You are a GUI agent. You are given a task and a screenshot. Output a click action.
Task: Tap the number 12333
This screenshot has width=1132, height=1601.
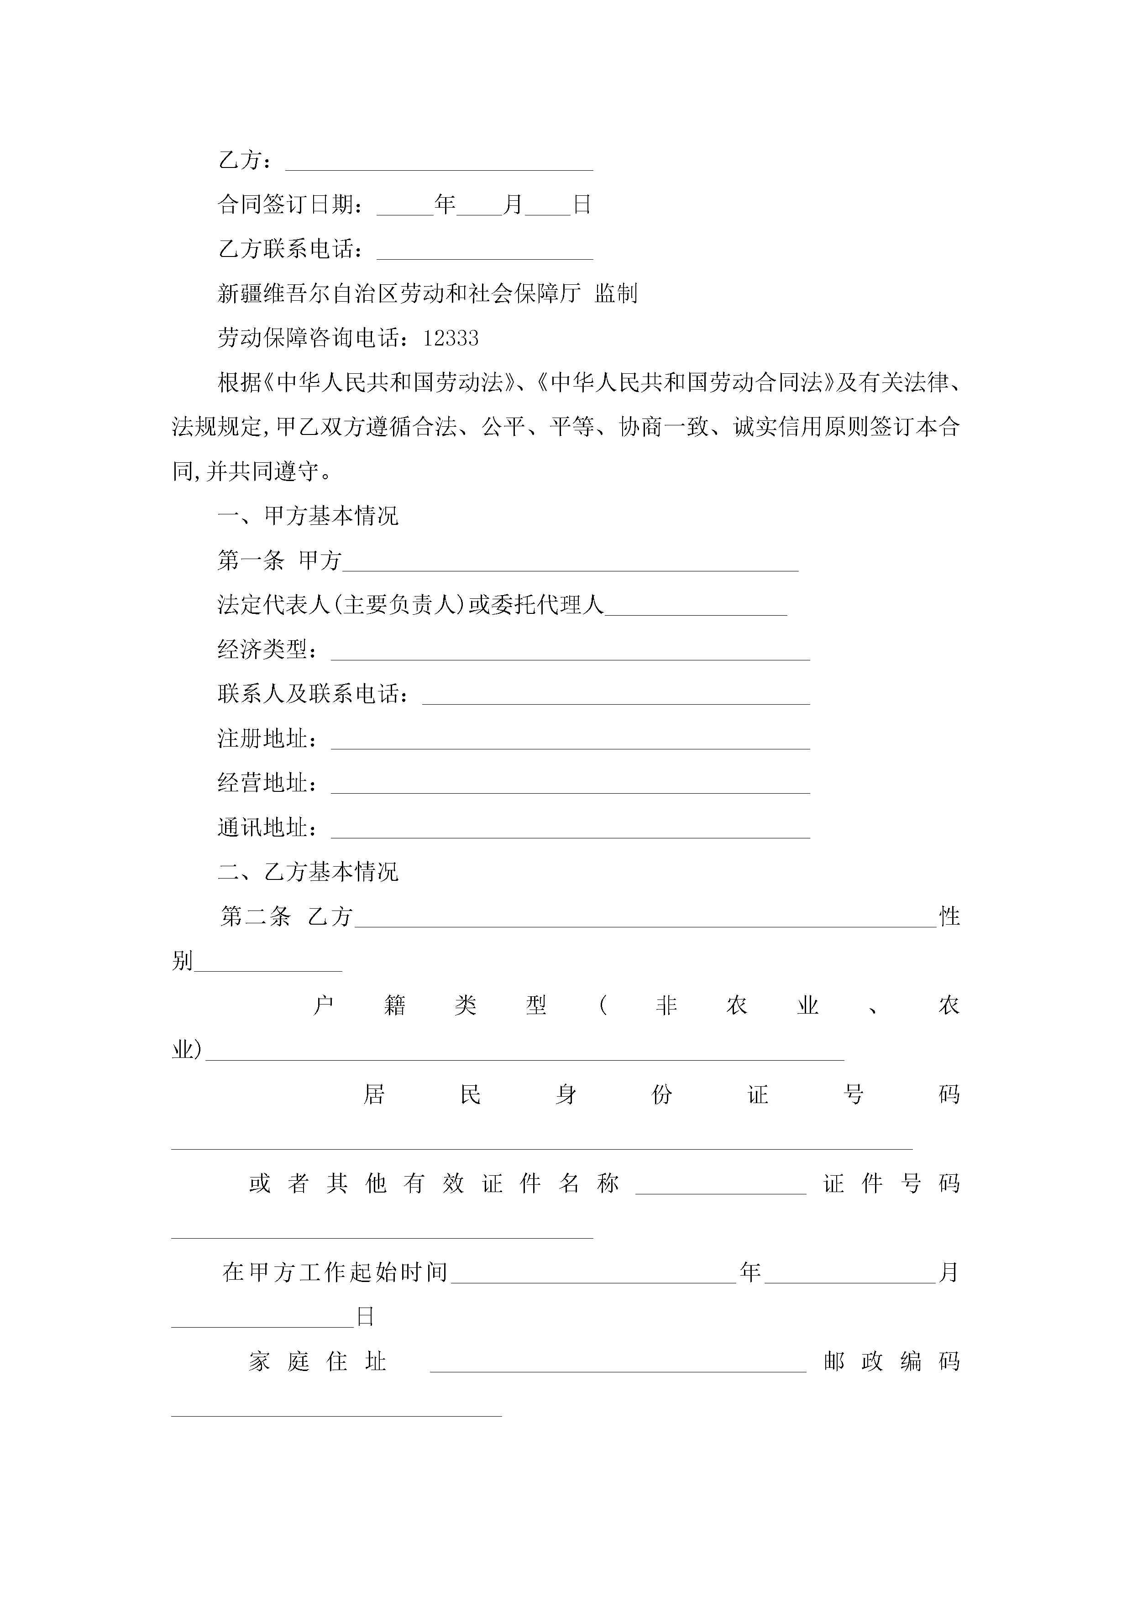tap(451, 338)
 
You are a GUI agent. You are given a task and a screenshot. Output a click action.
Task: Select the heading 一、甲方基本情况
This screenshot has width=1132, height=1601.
tap(308, 516)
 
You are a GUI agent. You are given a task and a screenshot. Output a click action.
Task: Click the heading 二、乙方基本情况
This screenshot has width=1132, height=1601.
tap(308, 872)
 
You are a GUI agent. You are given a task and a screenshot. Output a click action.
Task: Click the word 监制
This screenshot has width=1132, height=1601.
tap(616, 293)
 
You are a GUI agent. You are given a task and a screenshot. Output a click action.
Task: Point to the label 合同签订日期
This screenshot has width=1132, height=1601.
tap(289, 204)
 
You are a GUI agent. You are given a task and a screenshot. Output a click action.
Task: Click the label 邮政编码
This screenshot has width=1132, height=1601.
tap(891, 1361)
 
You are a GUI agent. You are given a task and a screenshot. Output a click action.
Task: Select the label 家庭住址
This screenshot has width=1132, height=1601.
tap(317, 1361)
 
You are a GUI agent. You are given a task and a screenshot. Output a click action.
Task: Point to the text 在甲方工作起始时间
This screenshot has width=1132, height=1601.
tap(335, 1272)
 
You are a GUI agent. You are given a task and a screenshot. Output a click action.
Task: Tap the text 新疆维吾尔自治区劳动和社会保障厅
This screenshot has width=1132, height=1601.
tap(399, 293)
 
